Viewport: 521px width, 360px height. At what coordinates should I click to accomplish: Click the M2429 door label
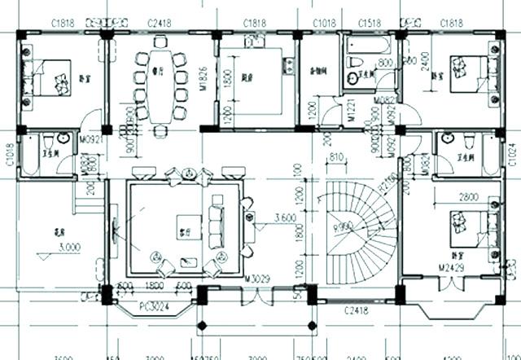453,268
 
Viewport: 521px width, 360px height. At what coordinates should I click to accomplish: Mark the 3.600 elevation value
285,217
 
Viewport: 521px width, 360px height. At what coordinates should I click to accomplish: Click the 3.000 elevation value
48,244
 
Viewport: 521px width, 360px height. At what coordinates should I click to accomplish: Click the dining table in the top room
160,84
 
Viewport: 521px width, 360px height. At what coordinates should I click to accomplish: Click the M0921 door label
90,139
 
